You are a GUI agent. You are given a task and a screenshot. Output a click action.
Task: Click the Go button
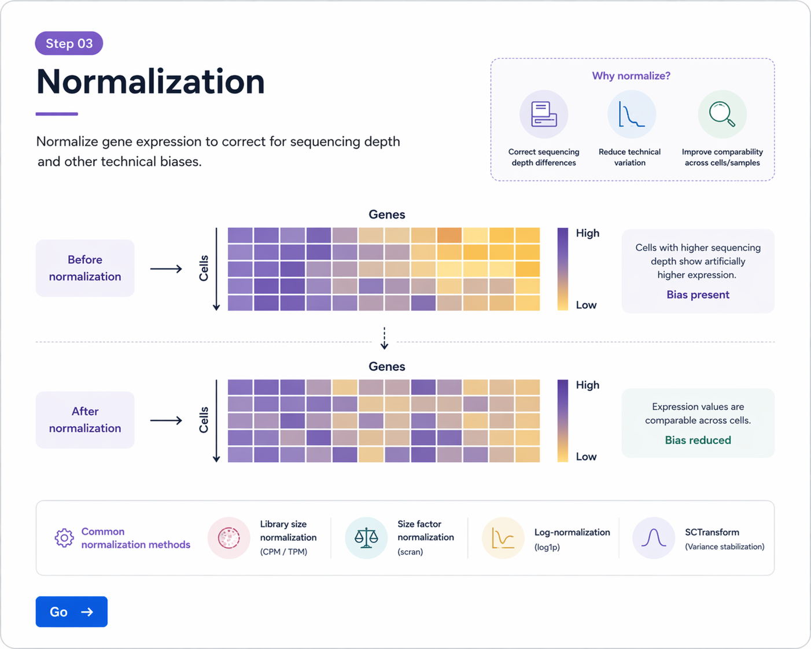(71, 611)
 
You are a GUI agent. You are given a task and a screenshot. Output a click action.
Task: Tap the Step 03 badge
(69, 43)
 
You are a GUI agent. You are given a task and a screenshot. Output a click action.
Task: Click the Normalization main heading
(150, 82)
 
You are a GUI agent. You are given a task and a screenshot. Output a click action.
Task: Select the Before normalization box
(85, 268)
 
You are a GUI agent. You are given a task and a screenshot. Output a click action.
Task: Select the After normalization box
(85, 420)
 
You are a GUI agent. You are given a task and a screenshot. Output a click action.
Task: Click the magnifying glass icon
(722, 114)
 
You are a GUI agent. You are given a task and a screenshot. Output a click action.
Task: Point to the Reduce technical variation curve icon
(631, 115)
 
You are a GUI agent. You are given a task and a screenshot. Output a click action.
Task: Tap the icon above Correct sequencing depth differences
(544, 115)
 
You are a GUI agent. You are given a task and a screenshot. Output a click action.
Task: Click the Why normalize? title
(631, 76)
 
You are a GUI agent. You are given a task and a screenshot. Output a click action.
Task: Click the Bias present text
(698, 294)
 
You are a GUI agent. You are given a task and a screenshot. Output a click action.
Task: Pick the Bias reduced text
(698, 440)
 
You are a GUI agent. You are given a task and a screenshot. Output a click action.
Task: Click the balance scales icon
(366, 538)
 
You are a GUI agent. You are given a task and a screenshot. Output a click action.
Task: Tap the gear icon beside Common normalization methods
(64, 538)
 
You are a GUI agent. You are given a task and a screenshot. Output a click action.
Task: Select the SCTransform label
(712, 532)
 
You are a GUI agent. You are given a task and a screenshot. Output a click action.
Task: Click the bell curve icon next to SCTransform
(653, 538)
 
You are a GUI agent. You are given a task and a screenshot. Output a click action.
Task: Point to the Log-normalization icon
(503, 538)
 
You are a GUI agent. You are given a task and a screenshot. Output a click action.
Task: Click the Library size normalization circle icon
(229, 538)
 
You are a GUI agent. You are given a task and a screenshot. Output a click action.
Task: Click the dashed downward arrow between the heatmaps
(385, 338)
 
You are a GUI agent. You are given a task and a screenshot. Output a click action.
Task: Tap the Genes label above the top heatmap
(387, 215)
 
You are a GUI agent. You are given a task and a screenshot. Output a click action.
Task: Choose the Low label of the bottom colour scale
(586, 456)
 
